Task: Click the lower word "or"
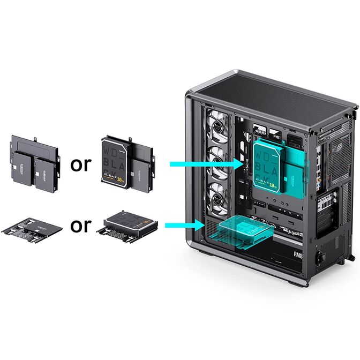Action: [x=81, y=225]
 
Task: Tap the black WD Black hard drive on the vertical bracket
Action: [x=115, y=163]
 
